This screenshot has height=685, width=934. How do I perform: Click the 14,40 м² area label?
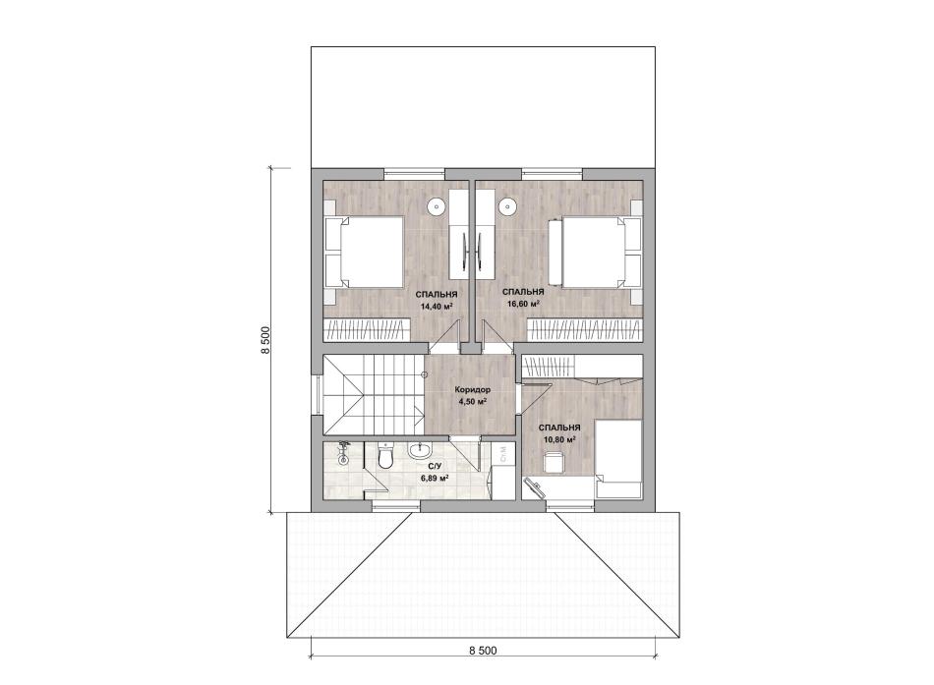437,308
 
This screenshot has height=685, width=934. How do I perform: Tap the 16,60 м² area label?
524,303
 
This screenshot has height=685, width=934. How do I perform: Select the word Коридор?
472,389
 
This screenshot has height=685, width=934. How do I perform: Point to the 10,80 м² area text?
559,440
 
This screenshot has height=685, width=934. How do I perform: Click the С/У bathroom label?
435,467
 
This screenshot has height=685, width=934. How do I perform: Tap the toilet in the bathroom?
385,456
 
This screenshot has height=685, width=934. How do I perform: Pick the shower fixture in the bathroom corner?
342,454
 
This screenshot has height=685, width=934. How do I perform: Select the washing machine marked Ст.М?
503,455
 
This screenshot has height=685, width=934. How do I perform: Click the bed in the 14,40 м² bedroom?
364,252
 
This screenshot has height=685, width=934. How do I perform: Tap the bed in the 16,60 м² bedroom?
598,252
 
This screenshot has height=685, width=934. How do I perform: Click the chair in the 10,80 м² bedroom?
555,462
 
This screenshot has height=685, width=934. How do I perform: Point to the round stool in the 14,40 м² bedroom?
436,206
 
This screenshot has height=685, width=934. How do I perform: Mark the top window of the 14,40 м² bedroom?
414,173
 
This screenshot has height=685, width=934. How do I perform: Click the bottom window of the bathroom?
397,506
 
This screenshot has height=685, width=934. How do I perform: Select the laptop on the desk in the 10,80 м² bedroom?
534,487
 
